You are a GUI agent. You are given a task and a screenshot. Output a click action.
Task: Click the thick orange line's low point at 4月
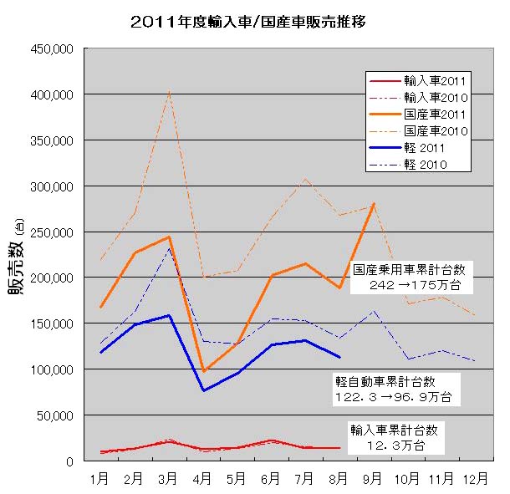[x=203, y=371]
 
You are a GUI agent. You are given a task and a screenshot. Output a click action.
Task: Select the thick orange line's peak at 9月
[x=373, y=203]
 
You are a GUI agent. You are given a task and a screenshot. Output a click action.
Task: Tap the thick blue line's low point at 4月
[x=203, y=390]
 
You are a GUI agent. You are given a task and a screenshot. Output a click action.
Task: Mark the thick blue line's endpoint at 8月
[x=339, y=357]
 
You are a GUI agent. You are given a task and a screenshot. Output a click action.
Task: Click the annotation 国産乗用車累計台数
[x=413, y=270]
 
